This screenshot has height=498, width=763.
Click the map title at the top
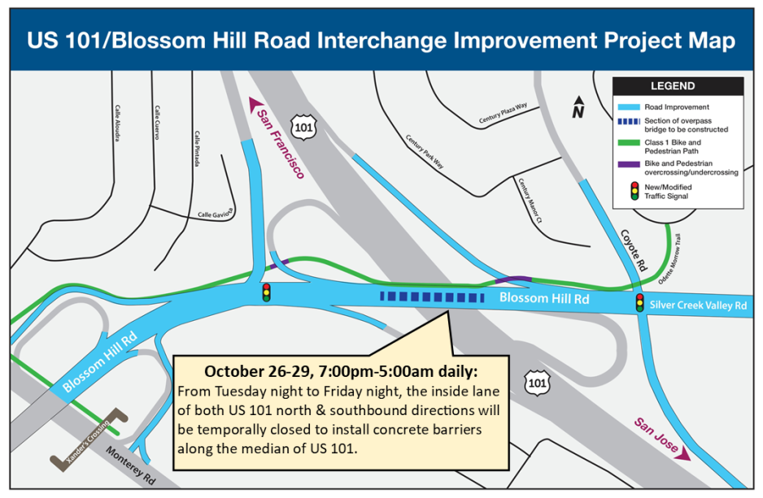[x=381, y=41]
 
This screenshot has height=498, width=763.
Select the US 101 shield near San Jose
[x=536, y=382]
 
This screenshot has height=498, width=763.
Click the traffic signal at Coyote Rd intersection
[x=640, y=303]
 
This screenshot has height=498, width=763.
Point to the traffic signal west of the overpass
[x=266, y=292]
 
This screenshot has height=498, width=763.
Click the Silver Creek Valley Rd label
[x=698, y=305]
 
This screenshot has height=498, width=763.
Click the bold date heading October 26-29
[x=341, y=371]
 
